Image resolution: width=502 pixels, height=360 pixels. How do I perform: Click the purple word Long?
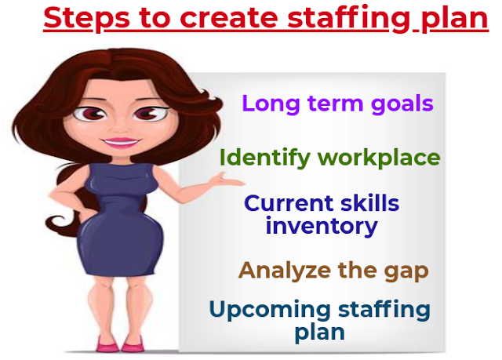[268, 104]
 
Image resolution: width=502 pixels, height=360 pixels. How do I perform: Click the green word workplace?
[379, 158]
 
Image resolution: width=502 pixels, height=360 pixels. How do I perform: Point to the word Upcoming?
[266, 309]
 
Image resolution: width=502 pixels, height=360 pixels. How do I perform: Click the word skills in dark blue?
[369, 203]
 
